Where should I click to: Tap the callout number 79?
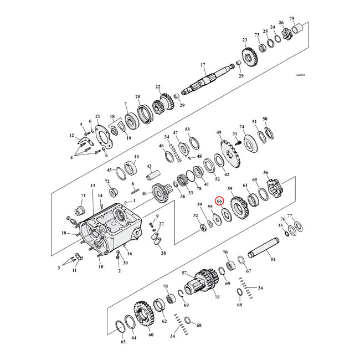click(307, 18)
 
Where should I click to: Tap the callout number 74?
click(241, 126)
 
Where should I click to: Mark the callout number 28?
click(163, 253)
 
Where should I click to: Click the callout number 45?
click(109, 170)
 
